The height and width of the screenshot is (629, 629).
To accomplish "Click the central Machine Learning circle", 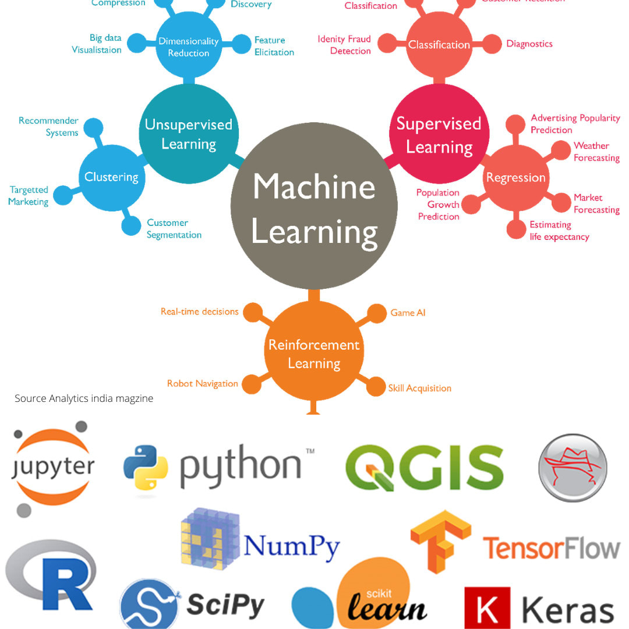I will click(x=314, y=207).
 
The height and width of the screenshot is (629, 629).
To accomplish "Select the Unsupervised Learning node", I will click(x=189, y=134).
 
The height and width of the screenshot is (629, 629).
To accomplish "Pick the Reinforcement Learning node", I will click(x=314, y=353).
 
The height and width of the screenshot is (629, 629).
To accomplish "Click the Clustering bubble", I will click(x=111, y=177).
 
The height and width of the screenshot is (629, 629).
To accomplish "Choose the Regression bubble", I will click(x=515, y=178).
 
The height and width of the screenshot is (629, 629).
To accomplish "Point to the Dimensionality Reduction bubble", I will click(x=189, y=47).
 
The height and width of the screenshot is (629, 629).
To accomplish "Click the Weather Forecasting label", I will click(x=596, y=152).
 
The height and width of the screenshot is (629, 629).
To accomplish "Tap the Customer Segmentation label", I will click(x=174, y=229).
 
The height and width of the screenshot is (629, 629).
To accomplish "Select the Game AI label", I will click(x=408, y=313).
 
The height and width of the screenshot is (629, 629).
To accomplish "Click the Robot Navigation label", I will click(x=202, y=383).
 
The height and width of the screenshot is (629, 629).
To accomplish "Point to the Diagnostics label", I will click(x=529, y=44).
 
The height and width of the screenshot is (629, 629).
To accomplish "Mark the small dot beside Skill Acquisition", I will click(x=379, y=387).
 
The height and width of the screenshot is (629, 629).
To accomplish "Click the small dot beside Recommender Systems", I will click(x=93, y=128).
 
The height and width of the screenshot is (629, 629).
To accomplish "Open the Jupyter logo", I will click(x=53, y=468).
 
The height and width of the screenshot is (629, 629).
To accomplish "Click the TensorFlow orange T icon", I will click(x=440, y=541).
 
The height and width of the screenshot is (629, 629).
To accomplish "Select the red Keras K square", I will click(x=487, y=607).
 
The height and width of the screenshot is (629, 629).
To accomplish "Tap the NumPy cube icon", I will click(x=210, y=539).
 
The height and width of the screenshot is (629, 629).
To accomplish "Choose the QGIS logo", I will click(x=424, y=468).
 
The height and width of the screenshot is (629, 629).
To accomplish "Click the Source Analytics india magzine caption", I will click(x=84, y=398).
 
